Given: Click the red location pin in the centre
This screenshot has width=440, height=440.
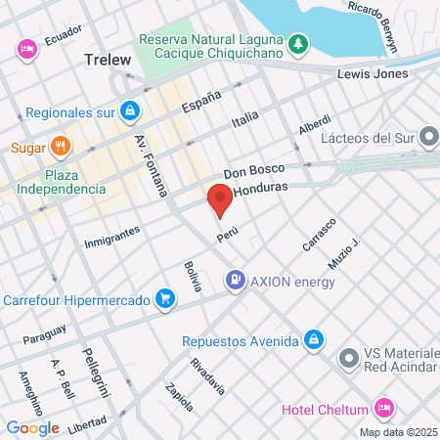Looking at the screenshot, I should (x=220, y=201).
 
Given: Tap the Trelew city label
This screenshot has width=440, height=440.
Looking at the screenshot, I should (x=108, y=60).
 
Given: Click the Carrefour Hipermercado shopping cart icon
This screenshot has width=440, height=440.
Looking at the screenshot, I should (x=166, y=299).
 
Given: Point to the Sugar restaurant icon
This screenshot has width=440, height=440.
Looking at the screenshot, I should (x=61, y=148).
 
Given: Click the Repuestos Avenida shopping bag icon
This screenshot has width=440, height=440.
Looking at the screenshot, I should (x=312, y=340).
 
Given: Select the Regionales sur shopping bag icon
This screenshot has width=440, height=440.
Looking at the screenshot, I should (x=129, y=110).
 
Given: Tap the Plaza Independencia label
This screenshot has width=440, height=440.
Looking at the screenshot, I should (x=61, y=181).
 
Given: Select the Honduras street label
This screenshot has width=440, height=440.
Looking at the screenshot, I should (x=265, y=187).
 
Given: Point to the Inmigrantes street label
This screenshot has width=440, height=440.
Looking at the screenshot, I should (x=111, y=237).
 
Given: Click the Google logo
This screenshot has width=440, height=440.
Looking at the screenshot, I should (x=32, y=427).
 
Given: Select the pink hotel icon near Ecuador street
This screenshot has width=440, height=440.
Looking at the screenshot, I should (x=26, y=47).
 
